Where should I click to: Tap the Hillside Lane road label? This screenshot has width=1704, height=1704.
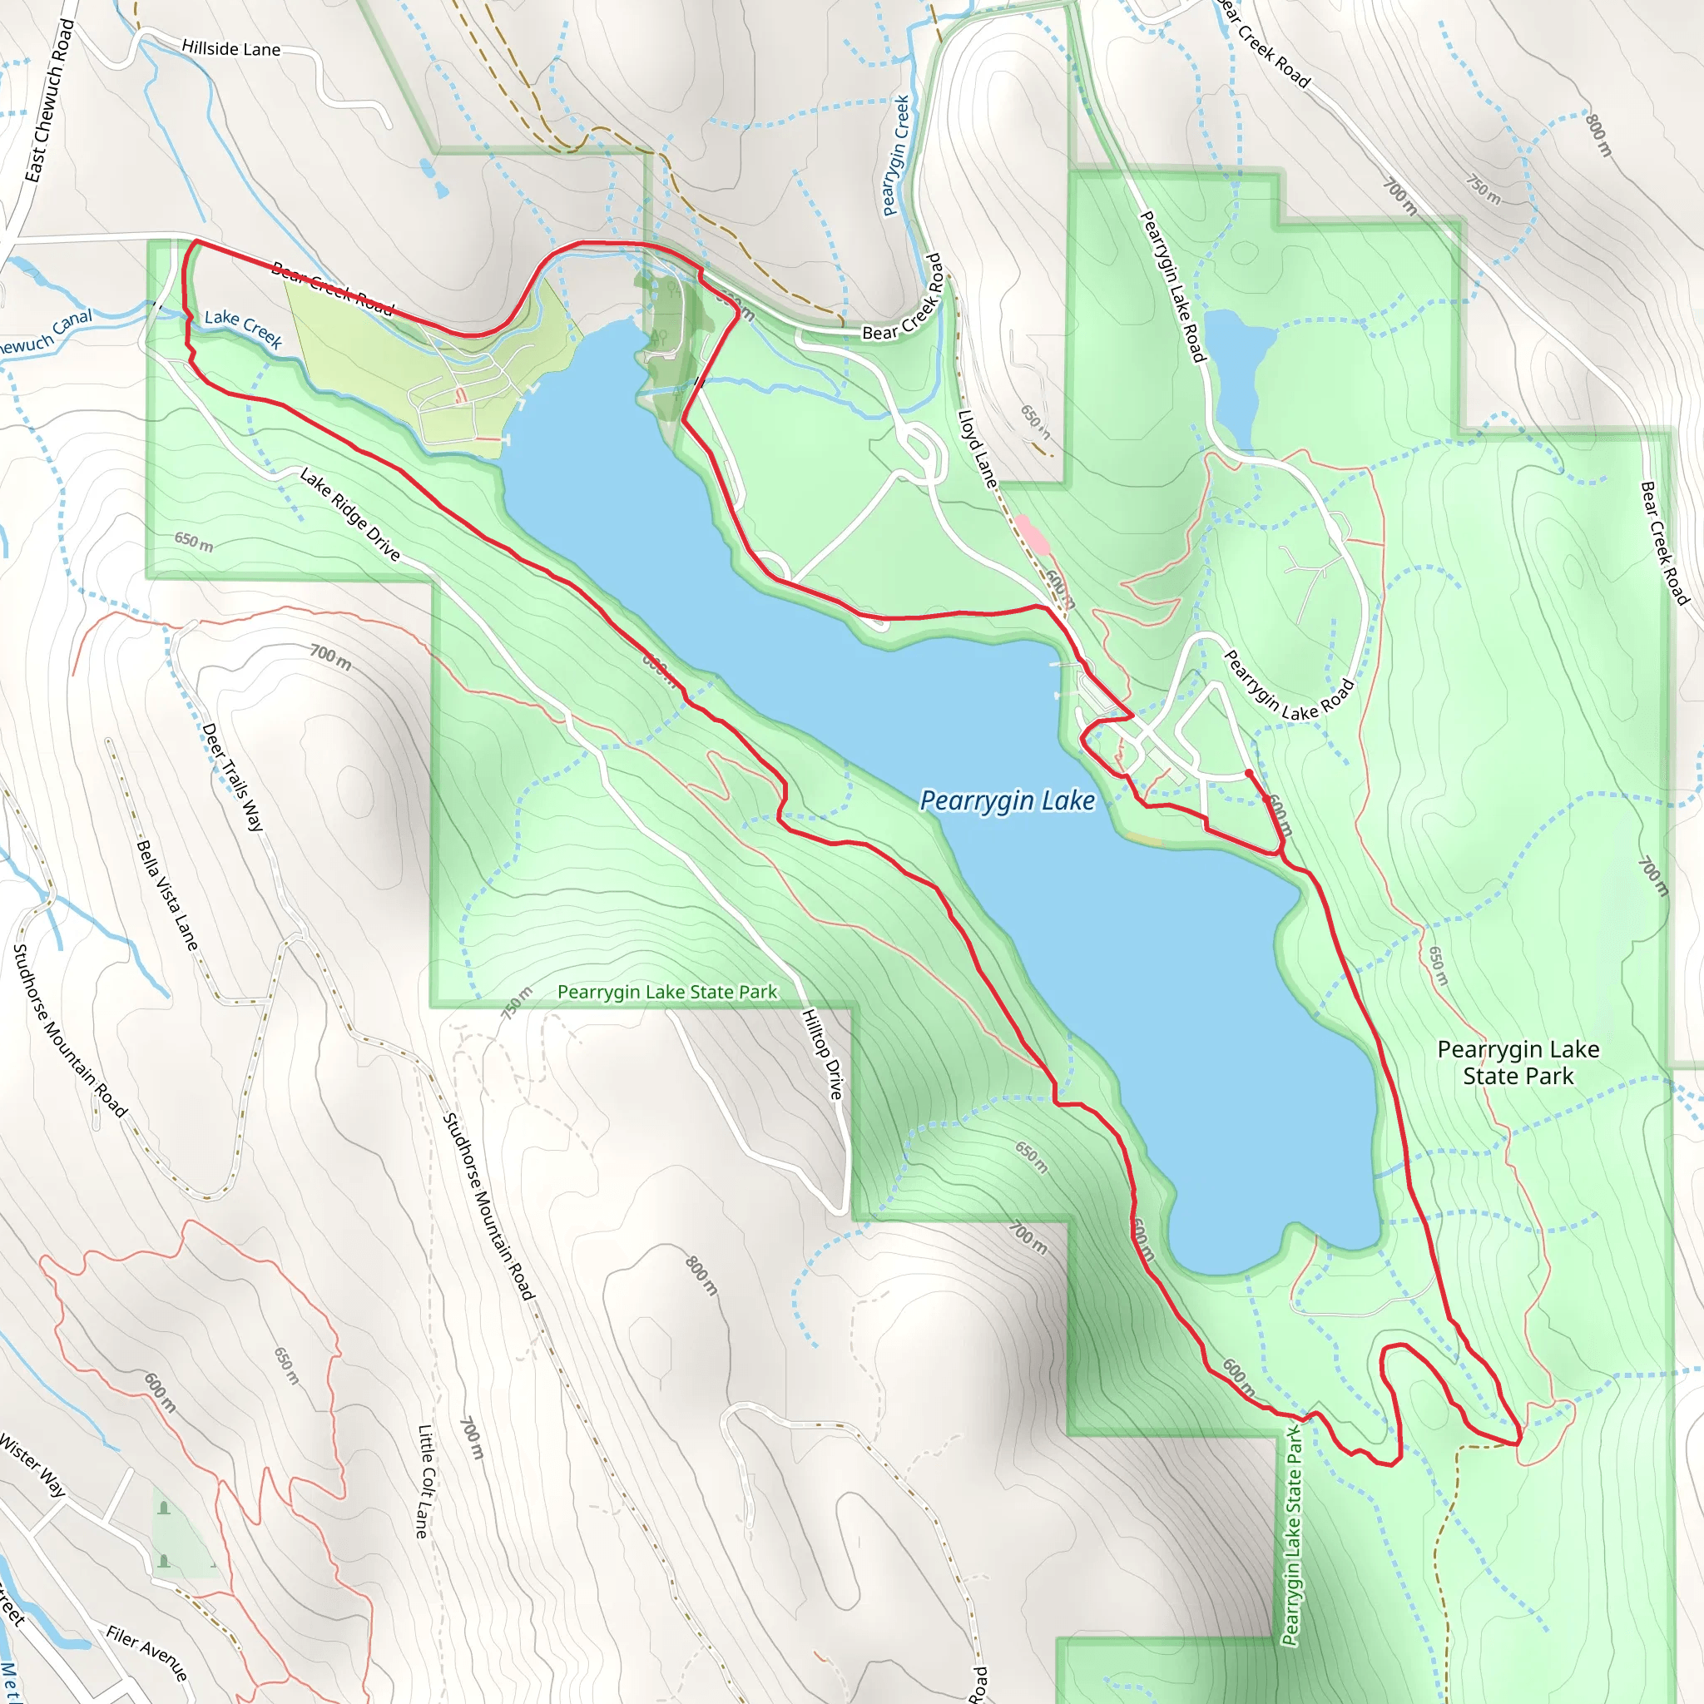pyautogui.click(x=231, y=48)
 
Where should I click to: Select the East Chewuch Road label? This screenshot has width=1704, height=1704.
pyautogui.click(x=49, y=101)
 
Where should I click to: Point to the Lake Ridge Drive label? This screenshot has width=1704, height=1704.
pyautogui.click(x=350, y=514)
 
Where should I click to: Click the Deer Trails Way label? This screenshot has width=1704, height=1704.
pyautogui.click(x=233, y=776)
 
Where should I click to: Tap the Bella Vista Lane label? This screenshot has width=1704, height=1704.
pyautogui.click(x=167, y=894)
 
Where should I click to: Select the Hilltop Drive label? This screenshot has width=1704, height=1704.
pyautogui.click(x=822, y=1054)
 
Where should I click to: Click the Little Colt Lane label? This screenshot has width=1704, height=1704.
pyautogui.click(x=425, y=1481)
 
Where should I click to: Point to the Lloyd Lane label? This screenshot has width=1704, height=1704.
pyautogui.click(x=978, y=449)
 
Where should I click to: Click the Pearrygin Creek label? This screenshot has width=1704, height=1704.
pyautogui.click(x=896, y=156)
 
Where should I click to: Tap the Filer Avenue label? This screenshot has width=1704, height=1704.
pyautogui.click(x=147, y=1652)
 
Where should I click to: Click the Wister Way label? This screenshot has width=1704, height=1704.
pyautogui.click(x=32, y=1465)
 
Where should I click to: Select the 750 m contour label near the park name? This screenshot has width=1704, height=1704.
pyautogui.click(x=518, y=1003)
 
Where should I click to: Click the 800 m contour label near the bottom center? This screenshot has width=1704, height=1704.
pyautogui.click(x=702, y=1276)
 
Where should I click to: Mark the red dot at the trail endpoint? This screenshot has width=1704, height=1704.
pyautogui.click(x=1249, y=773)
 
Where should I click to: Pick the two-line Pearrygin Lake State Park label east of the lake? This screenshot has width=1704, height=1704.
pyautogui.click(x=1517, y=1062)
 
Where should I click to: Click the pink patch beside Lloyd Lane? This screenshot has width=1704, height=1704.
pyautogui.click(x=1030, y=532)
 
